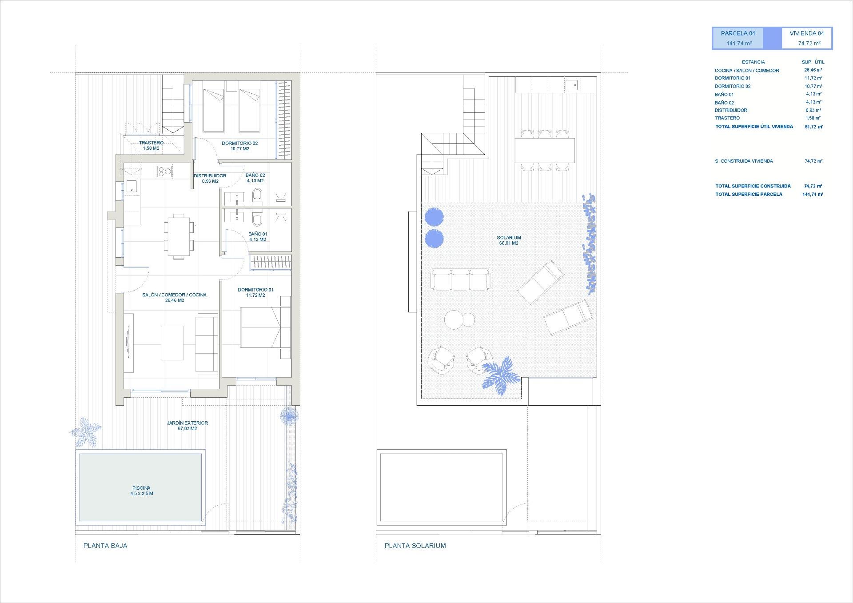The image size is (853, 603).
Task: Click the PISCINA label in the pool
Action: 141,488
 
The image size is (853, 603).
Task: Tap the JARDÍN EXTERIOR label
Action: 187,423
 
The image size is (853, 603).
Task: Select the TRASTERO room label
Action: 151,143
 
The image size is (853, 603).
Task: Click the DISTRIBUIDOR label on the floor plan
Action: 210,176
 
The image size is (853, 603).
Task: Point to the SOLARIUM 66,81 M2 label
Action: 509,240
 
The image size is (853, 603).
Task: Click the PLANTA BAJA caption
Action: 105,546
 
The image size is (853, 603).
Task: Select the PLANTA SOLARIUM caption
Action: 415,546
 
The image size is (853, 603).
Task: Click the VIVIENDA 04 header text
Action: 806,33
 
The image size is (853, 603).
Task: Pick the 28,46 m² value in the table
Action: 813,70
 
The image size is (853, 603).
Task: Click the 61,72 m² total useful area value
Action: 813,127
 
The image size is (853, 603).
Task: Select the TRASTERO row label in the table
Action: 727,118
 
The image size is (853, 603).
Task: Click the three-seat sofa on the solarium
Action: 460,280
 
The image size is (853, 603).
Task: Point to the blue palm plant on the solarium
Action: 500,375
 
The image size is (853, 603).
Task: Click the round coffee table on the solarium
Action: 454,319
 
